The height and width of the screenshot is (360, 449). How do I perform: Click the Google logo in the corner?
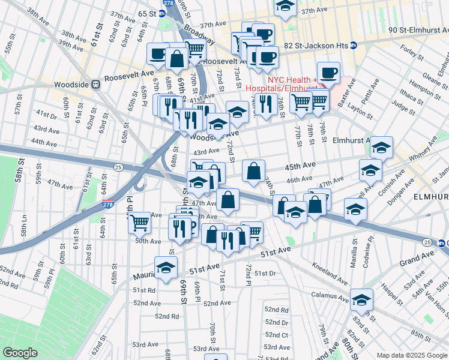point(20,352)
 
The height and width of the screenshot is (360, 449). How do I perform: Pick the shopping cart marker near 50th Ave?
point(139,222)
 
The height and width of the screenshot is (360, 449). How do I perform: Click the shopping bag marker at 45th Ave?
point(254,170)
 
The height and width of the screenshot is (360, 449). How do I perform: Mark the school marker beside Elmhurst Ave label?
point(381,146)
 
